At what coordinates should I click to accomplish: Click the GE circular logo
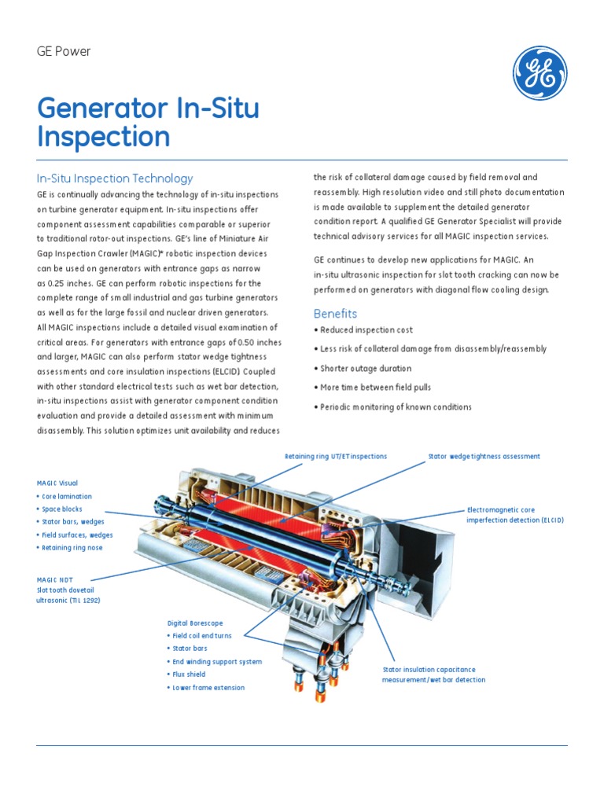pyautogui.click(x=540, y=73)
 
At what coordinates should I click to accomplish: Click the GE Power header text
pyautogui.click(x=64, y=52)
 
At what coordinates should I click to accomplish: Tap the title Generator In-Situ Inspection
pyautogui.click(x=148, y=123)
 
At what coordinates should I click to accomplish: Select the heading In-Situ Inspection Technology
pyautogui.click(x=115, y=178)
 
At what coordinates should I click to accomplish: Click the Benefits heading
pyautogui.click(x=335, y=314)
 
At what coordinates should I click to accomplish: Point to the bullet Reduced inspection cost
pyautogui.click(x=363, y=330)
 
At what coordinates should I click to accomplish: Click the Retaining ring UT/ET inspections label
pyautogui.click(x=335, y=456)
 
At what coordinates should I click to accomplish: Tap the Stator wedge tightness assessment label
pyautogui.click(x=484, y=456)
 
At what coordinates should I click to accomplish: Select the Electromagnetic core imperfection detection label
pyautogui.click(x=515, y=515)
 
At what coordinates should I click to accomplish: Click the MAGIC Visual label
pyautogui.click(x=57, y=483)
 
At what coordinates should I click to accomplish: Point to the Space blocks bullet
pyautogui.click(x=61, y=509)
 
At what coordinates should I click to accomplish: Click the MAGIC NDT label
pyautogui.click(x=53, y=579)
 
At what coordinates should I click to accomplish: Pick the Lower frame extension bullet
pyautogui.click(x=208, y=688)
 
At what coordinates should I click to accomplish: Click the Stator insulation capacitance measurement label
pyautogui.click(x=434, y=675)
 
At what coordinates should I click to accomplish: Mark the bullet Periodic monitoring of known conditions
pyautogui.click(x=393, y=407)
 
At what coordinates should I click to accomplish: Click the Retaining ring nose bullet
pyautogui.click(x=72, y=548)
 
